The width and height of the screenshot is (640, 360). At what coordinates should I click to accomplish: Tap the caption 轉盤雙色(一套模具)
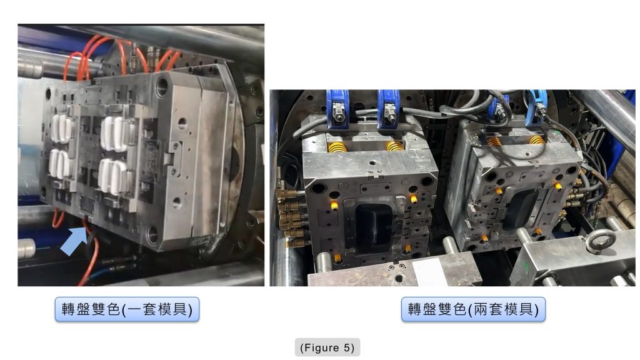point(127,309)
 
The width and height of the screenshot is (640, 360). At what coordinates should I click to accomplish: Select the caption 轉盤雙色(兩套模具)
point(473,309)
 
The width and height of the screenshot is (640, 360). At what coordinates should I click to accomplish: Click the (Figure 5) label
point(327,347)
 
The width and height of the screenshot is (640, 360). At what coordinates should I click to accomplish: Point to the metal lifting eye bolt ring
point(601,241)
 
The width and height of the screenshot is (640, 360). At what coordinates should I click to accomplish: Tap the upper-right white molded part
point(116,134)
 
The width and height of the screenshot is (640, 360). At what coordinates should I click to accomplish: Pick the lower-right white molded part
point(114,176)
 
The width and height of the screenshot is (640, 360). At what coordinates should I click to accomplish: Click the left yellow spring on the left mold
point(337,146)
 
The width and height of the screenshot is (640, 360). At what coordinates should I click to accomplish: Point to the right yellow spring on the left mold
point(395,145)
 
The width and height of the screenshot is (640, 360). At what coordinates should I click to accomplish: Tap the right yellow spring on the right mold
point(536,140)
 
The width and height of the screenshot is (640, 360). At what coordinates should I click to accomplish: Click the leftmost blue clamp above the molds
point(337,109)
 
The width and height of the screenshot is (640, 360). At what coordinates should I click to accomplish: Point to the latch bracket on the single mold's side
point(172,152)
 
